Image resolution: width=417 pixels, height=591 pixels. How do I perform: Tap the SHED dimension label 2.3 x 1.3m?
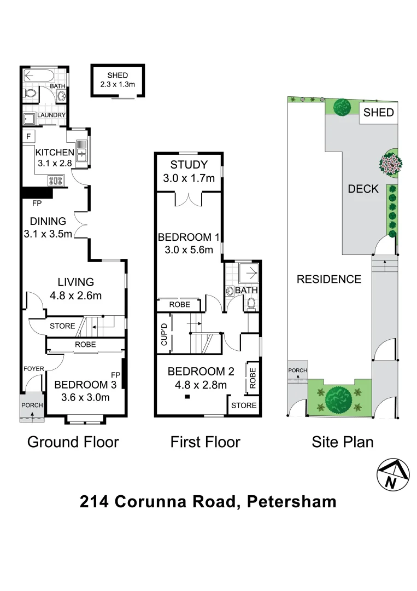click(118, 84)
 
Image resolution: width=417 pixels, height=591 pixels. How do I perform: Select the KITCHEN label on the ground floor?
click(54, 152)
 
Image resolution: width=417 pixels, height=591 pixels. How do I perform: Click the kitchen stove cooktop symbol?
click(57, 179)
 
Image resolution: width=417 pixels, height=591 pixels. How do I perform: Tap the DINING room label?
click(48, 221)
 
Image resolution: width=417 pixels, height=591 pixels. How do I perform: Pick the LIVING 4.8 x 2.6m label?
click(76, 288)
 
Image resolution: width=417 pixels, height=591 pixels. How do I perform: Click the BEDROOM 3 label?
click(85, 385)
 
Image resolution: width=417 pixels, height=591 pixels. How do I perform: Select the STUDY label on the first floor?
click(189, 165)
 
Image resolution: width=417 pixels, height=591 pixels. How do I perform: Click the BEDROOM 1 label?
click(189, 237)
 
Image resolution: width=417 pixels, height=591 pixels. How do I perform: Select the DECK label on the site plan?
click(363, 189)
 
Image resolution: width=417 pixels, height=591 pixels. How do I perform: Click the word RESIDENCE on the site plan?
click(328, 279)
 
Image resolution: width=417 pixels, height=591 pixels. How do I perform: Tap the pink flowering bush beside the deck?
click(391, 164)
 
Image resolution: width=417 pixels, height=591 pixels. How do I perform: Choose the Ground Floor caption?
click(73, 442)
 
